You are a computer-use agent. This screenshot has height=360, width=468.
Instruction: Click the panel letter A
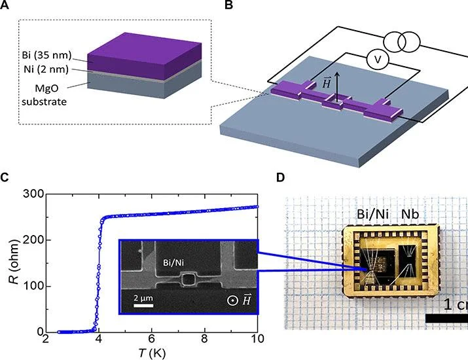pyautogui.click(x=4, y=5)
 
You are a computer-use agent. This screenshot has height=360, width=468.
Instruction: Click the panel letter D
pyautogui.click(x=281, y=177)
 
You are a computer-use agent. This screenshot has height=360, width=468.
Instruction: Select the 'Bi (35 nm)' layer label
pyautogui.click(x=47, y=55)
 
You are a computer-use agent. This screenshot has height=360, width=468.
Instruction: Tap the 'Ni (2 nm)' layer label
pyautogui.click(x=46, y=69)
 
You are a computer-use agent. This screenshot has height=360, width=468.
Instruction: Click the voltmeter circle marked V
pyautogui.click(x=378, y=60)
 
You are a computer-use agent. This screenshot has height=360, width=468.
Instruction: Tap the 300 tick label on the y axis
pyautogui.click(x=33, y=194)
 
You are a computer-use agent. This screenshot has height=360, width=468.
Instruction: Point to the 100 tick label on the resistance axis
pyautogui.click(x=33, y=286)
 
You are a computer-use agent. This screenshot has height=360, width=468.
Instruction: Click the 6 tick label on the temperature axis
pyautogui.click(x=152, y=339)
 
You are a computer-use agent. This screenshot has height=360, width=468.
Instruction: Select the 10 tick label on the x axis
pyautogui.click(x=257, y=339)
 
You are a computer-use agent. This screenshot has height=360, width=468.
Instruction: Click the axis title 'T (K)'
pyautogui.click(x=152, y=353)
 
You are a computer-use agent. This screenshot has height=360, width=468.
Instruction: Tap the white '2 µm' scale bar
pyautogui.click(x=143, y=306)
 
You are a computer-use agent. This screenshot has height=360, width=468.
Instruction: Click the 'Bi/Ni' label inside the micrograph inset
pyautogui.click(x=173, y=262)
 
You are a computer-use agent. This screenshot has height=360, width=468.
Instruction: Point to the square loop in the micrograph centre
pyautogui.click(x=188, y=279)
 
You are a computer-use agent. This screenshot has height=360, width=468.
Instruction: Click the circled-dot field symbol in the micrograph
pyautogui.click(x=232, y=300)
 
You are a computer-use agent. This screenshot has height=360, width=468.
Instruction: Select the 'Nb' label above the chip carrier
pyautogui.click(x=410, y=214)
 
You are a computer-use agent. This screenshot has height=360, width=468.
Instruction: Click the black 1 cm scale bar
pyautogui.click(x=446, y=318)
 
